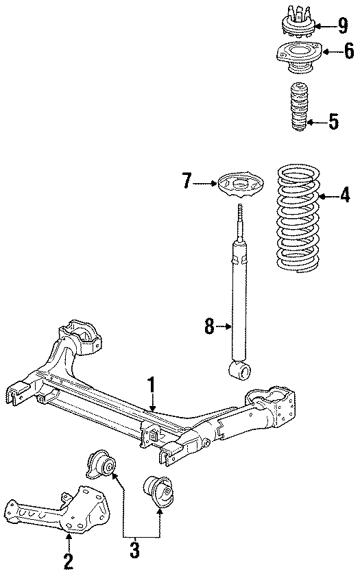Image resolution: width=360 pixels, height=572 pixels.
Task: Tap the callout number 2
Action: point(69,561)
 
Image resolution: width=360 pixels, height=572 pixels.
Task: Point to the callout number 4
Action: point(344,198)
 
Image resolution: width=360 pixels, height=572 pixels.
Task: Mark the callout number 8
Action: point(209,327)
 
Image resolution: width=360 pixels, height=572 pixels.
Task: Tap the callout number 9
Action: point(342,25)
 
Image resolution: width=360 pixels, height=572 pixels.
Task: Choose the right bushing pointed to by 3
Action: point(157,491)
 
